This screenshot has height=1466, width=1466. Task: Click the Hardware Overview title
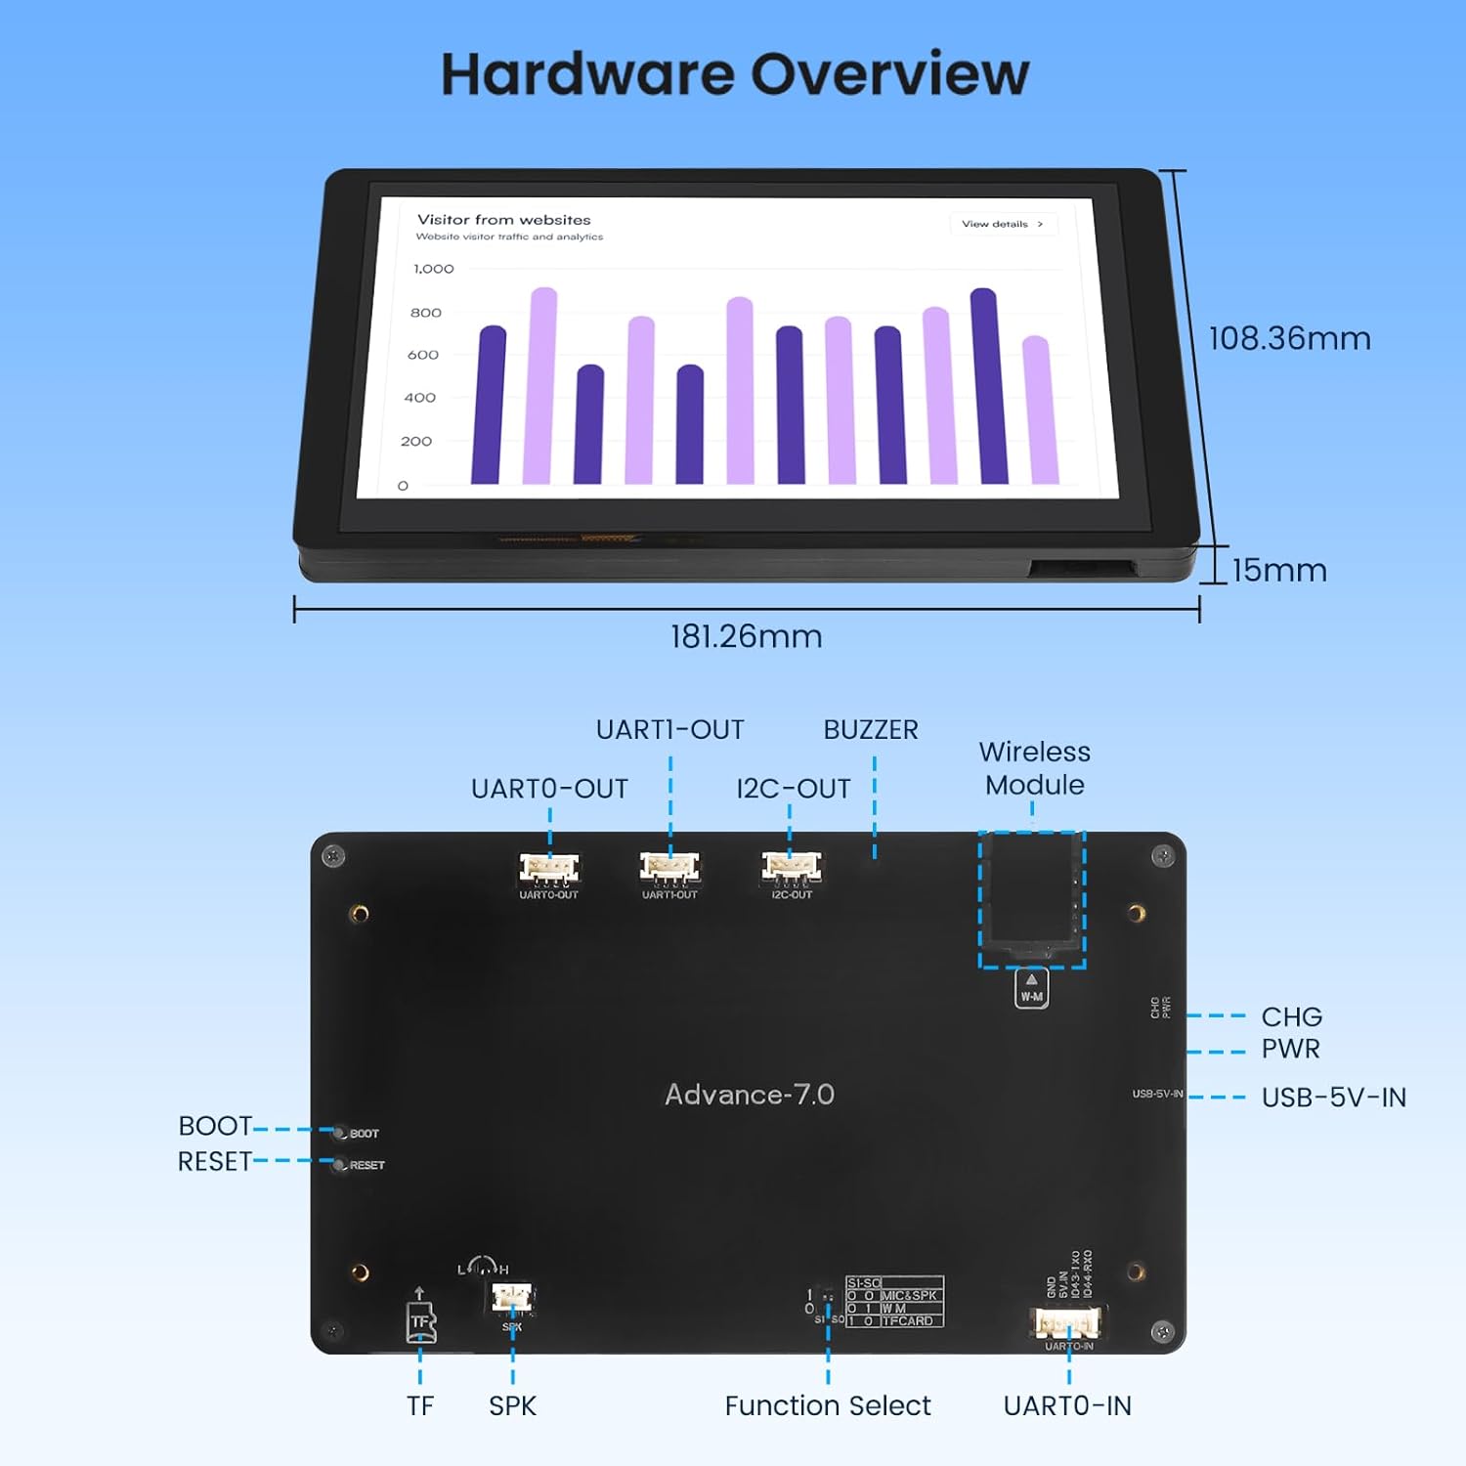click(x=735, y=74)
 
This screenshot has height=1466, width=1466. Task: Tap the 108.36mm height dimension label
click(x=1289, y=338)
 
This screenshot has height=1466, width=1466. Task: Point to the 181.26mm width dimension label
click(x=746, y=636)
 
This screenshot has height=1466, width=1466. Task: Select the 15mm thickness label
click(x=1278, y=570)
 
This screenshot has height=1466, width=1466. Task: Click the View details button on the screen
click(x=1002, y=224)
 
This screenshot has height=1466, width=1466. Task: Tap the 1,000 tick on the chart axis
click(x=433, y=269)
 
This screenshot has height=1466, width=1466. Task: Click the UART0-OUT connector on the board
click(x=548, y=867)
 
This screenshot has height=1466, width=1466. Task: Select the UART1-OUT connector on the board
click(x=669, y=867)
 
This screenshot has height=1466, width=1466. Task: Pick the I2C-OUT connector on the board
click(x=791, y=867)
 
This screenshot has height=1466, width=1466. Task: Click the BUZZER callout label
click(x=870, y=730)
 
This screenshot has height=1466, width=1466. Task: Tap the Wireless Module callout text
click(x=1034, y=768)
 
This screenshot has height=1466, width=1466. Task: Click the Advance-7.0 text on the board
click(x=750, y=1095)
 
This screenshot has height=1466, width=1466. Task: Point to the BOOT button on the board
click(x=339, y=1133)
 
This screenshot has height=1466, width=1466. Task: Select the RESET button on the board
click(x=339, y=1165)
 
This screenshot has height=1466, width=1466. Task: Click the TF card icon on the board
click(x=420, y=1321)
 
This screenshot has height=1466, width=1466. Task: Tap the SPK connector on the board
click(x=511, y=1298)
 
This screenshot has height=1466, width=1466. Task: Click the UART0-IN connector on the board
click(x=1067, y=1323)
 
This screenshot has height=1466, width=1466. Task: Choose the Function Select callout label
click(x=827, y=1405)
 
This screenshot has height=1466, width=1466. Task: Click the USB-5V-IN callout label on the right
click(x=1333, y=1098)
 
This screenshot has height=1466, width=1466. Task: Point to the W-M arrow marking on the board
click(x=1031, y=987)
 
